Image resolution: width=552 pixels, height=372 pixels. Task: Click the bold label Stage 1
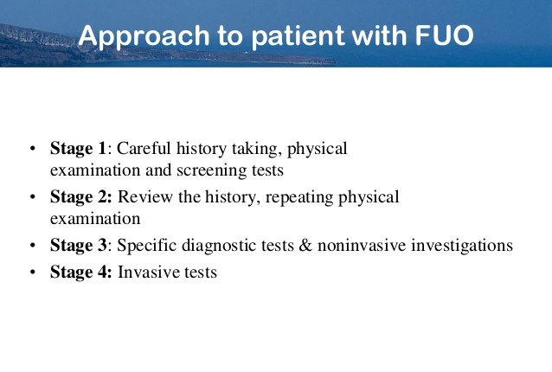(x=78, y=148)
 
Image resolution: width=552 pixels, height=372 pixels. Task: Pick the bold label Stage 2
(x=79, y=197)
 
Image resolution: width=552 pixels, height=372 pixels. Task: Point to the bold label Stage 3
(x=78, y=246)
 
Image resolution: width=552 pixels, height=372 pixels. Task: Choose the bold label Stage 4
(x=79, y=272)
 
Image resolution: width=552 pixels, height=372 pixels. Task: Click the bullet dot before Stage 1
(x=32, y=149)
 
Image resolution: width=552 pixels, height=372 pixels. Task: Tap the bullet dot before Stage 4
(x=32, y=273)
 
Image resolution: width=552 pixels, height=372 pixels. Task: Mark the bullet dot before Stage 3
(x=32, y=247)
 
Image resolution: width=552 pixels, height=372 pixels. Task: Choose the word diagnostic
(x=218, y=246)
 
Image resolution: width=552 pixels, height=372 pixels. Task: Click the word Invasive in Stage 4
(x=146, y=272)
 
